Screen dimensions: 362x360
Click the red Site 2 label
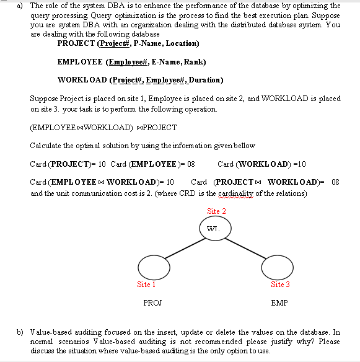point(216,211)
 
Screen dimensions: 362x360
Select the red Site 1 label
point(146,285)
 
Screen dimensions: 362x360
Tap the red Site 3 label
point(281,285)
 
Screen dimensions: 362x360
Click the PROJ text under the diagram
point(152,304)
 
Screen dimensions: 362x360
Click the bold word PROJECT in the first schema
point(76,43)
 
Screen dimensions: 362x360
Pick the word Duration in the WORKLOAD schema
point(205,80)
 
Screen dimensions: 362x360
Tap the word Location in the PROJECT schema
point(178,43)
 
